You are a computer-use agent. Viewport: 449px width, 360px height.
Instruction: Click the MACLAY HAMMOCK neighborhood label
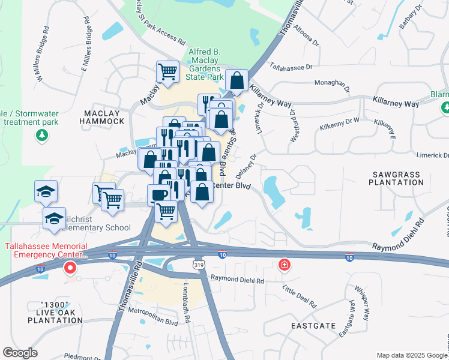pos(104,117)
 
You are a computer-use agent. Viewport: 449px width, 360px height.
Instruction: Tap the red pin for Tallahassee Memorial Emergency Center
pos(70,268)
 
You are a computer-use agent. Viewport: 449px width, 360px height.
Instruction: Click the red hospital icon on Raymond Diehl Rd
pos(284,265)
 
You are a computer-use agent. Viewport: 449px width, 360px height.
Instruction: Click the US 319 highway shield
pos(197,265)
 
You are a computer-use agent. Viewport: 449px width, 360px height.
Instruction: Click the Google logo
pos(20,353)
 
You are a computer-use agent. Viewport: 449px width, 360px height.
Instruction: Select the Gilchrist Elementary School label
pos(89,223)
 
